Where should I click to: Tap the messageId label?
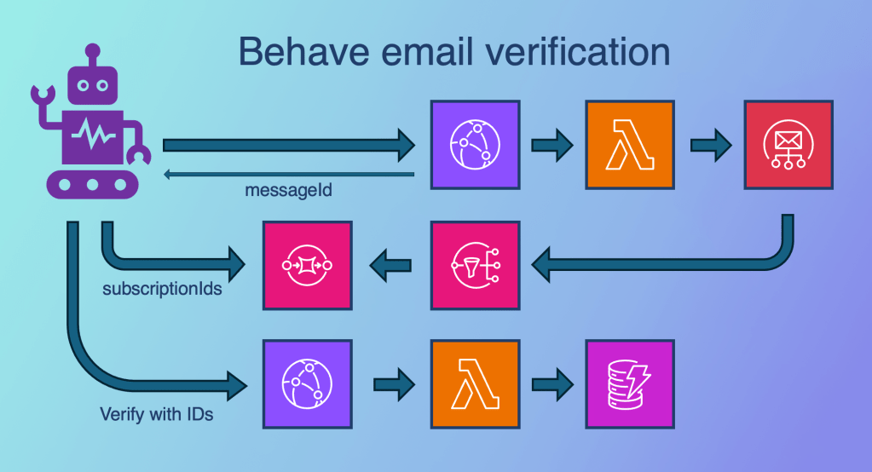[290, 191]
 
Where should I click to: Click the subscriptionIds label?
[163, 288]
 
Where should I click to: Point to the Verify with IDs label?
[156, 415]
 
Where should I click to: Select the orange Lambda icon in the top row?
[629, 145]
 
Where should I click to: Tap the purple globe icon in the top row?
[475, 145]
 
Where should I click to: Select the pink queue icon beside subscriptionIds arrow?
[307, 264]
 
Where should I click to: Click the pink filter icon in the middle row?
[475, 264]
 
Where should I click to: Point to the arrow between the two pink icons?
[390, 265]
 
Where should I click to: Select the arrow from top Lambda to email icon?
[711, 146]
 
